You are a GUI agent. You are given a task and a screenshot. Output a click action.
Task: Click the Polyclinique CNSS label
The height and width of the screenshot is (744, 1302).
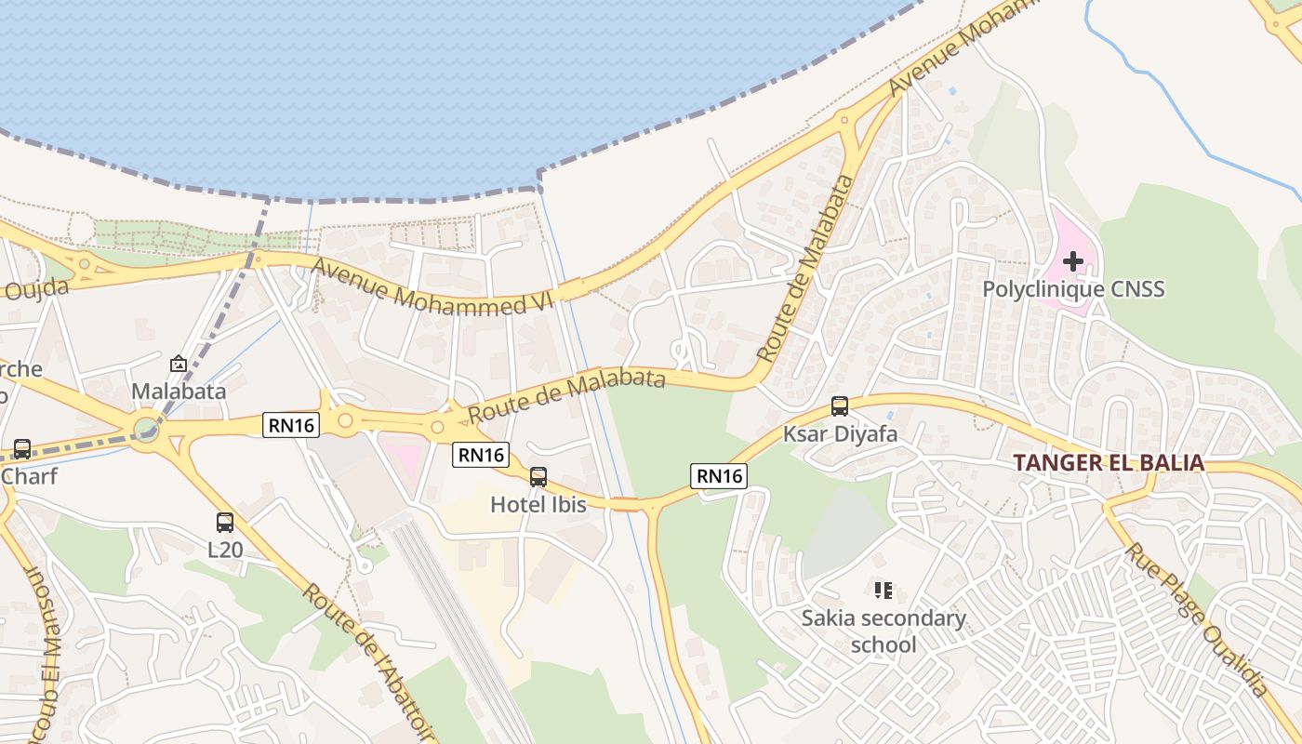pos(1073,289)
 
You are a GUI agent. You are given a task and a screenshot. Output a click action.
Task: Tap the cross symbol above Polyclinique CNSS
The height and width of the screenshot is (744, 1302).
pos(1073,261)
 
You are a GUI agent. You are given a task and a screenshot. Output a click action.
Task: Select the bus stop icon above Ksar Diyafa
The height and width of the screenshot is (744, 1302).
pos(840,406)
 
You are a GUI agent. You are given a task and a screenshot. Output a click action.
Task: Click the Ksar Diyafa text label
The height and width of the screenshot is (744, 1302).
pos(840,434)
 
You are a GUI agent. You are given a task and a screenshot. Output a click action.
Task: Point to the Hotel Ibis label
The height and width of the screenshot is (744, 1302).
pos(538,505)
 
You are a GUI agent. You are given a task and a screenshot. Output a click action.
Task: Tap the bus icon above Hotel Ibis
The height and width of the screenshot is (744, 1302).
pos(538,477)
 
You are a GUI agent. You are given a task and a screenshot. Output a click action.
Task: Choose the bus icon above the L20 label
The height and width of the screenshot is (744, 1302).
pos(225,522)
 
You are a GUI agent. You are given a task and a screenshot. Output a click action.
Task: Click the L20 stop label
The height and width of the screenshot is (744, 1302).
pos(225,550)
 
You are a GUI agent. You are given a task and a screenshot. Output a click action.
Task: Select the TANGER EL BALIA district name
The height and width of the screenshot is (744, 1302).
pos(1108,462)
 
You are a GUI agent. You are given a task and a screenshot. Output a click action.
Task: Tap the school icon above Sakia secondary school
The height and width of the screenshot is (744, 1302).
pos(883,590)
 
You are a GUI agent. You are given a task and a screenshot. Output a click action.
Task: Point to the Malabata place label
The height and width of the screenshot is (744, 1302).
pos(179,391)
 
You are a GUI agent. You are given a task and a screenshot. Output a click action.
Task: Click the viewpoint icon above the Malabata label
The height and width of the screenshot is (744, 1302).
pos(179,364)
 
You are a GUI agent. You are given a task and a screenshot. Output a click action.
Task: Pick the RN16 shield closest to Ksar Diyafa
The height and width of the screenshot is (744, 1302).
pos(720,476)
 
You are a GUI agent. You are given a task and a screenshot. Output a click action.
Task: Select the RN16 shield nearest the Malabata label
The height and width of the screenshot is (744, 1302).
pos(291,425)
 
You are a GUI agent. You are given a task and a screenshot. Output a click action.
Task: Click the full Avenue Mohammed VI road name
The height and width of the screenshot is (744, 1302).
pos(432,286)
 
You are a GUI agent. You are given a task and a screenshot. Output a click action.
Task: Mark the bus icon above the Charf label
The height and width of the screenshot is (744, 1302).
pos(21,449)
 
